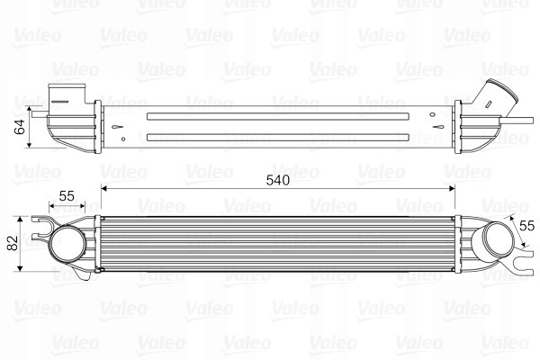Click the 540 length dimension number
pyautogui.click(x=276, y=180)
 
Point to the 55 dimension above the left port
pyautogui.click(x=67, y=195)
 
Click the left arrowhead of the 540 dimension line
pyautogui.click(x=103, y=189)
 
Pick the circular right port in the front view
pyautogui.click(x=492, y=241)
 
